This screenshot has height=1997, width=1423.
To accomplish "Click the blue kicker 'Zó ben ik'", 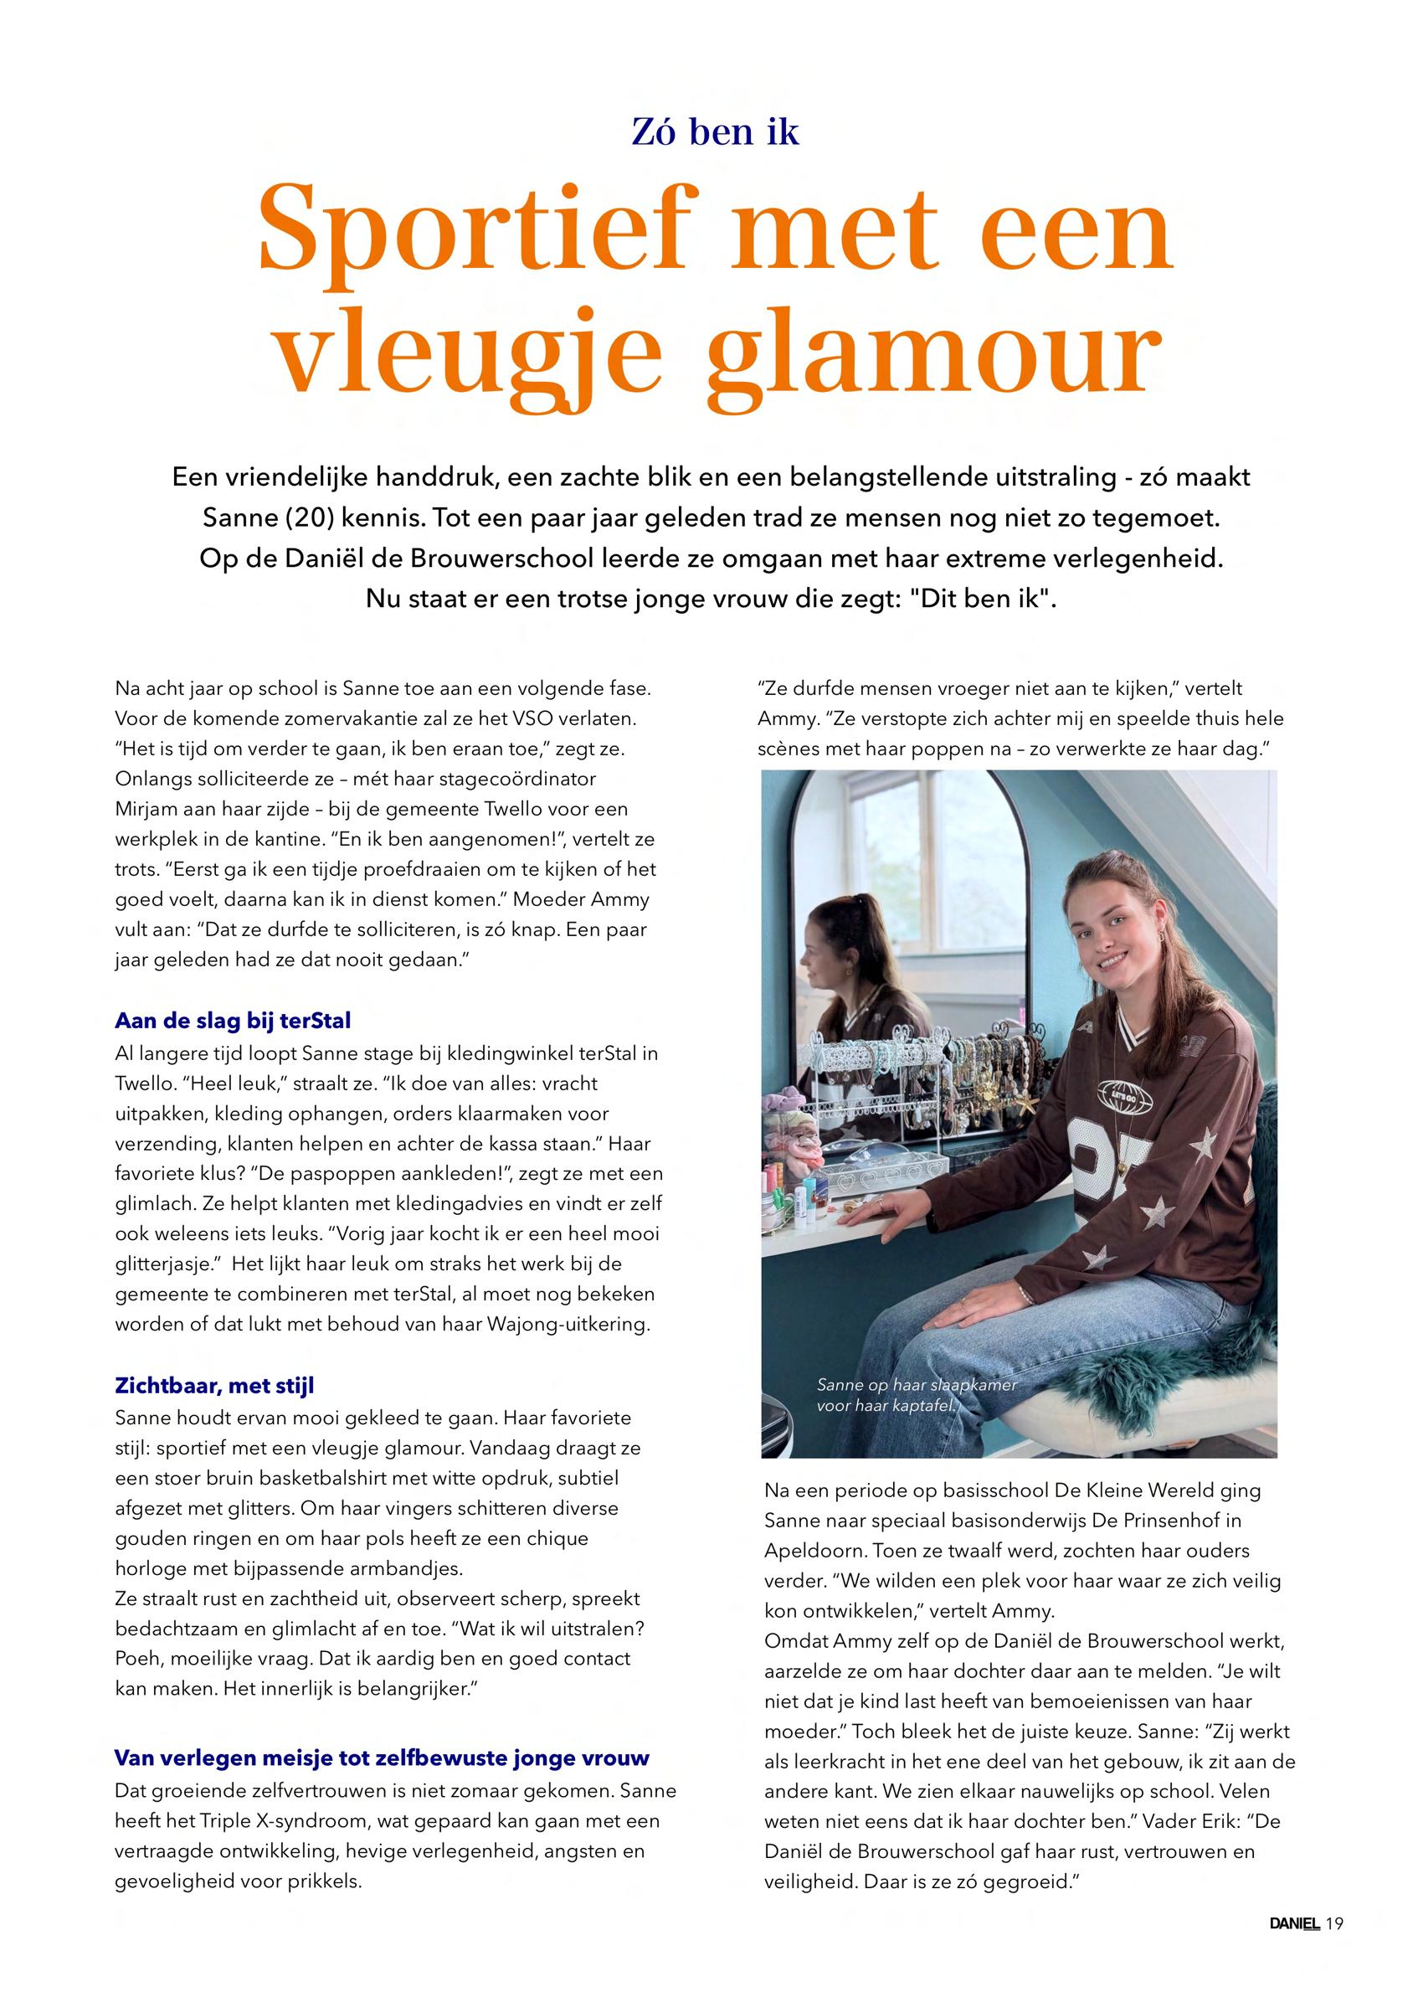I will pyautogui.click(x=715, y=132).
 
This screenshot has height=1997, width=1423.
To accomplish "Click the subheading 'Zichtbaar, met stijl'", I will pyautogui.click(x=213, y=1387).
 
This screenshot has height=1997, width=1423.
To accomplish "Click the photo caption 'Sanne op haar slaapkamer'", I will pyautogui.click(x=916, y=1386).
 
